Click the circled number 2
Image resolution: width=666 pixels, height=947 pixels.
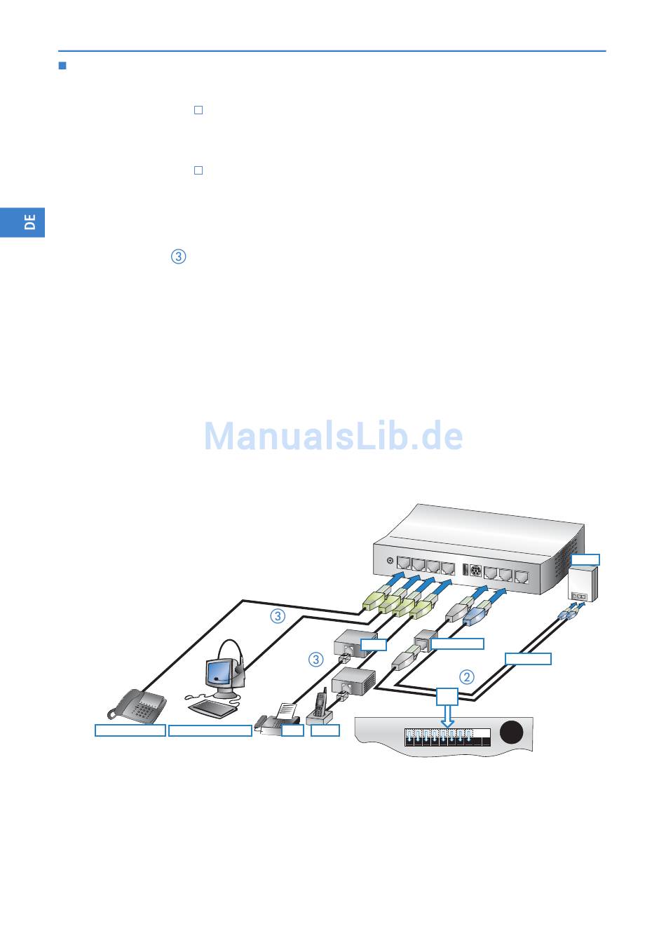tap(467, 677)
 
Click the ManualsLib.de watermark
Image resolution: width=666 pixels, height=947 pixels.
tap(333, 437)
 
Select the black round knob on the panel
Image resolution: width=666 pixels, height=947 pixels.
tap(512, 733)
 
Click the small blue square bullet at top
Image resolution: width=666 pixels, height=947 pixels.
tap(62, 67)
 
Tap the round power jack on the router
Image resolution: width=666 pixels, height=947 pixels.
tap(390, 561)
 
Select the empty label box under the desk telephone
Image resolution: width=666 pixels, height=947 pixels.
tap(130, 730)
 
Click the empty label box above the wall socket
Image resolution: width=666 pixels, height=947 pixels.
tap(585, 559)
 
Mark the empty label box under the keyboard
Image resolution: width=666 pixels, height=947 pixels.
tap(210, 730)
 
